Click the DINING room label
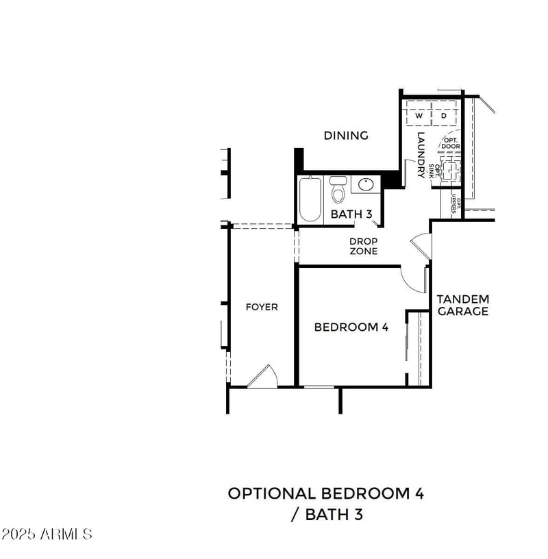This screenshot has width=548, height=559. (x=346, y=136)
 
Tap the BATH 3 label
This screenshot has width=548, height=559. (x=351, y=214)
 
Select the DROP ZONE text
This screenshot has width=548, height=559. (x=363, y=247)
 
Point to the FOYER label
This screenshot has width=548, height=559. (x=262, y=307)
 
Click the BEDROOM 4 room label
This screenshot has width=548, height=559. (x=351, y=327)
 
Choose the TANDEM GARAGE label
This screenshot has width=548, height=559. (x=463, y=305)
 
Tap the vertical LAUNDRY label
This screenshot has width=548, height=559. (x=422, y=155)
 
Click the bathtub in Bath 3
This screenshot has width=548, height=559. (x=310, y=199)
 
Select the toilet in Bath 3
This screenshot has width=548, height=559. (x=338, y=190)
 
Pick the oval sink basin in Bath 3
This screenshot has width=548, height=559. (x=366, y=185)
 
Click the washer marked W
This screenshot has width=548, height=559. (x=419, y=116)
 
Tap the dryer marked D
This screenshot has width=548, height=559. (x=444, y=116)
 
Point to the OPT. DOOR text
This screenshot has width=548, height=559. (x=451, y=143)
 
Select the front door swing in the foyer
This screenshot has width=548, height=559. (x=262, y=377)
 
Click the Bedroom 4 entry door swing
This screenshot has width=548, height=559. (x=413, y=277)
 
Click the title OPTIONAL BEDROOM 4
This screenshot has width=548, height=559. (x=325, y=493)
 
